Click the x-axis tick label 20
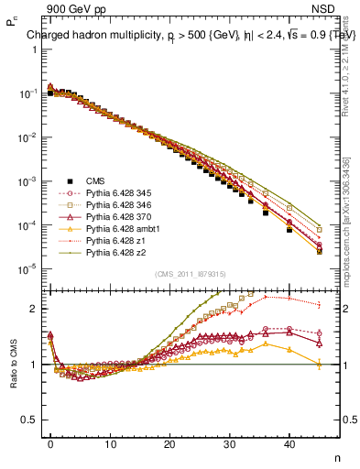click(x=170, y=444)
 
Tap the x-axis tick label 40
click(x=289, y=444)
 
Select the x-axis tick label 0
click(x=50, y=444)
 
